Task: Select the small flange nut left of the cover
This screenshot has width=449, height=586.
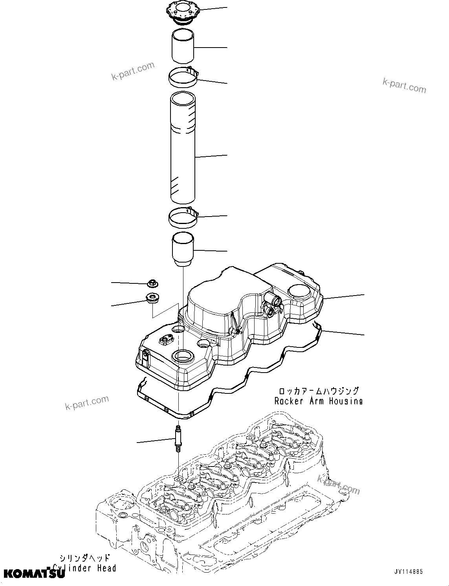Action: pos(151,283)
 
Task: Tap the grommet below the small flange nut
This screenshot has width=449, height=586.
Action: pos(152,298)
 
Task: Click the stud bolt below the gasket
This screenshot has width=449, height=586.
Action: pos(178,439)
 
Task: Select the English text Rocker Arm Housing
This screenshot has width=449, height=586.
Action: pos(318,401)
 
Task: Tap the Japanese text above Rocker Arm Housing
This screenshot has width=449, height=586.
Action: pos(318,391)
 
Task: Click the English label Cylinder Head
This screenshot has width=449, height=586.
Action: pos(84,568)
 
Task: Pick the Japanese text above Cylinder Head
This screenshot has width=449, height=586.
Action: pos(84,558)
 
